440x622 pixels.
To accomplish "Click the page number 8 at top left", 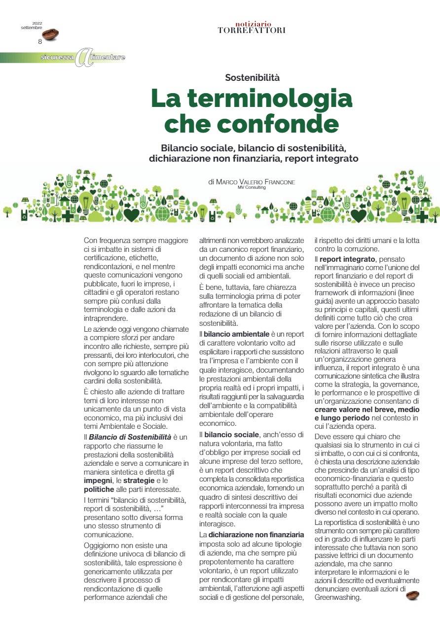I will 40,42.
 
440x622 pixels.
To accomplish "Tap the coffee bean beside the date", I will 50,34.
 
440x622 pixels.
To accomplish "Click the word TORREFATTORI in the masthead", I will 251,30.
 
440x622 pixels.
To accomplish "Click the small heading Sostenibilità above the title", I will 252,77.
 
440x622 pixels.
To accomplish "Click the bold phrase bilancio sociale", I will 231,435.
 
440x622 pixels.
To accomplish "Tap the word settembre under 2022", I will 32,28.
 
